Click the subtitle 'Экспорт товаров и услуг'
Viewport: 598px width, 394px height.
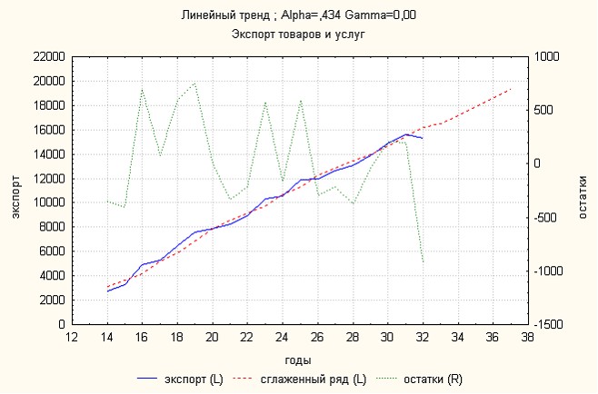click(x=299, y=34)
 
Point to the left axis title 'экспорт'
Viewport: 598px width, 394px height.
click(x=15, y=190)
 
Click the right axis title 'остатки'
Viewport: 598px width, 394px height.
click(x=583, y=190)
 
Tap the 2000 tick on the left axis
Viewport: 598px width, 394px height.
click(x=50, y=300)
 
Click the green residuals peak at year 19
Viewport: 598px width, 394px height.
click(x=194, y=84)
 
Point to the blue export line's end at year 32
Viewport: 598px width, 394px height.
click(x=423, y=138)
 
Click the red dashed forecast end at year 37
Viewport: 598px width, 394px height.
click(x=510, y=90)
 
